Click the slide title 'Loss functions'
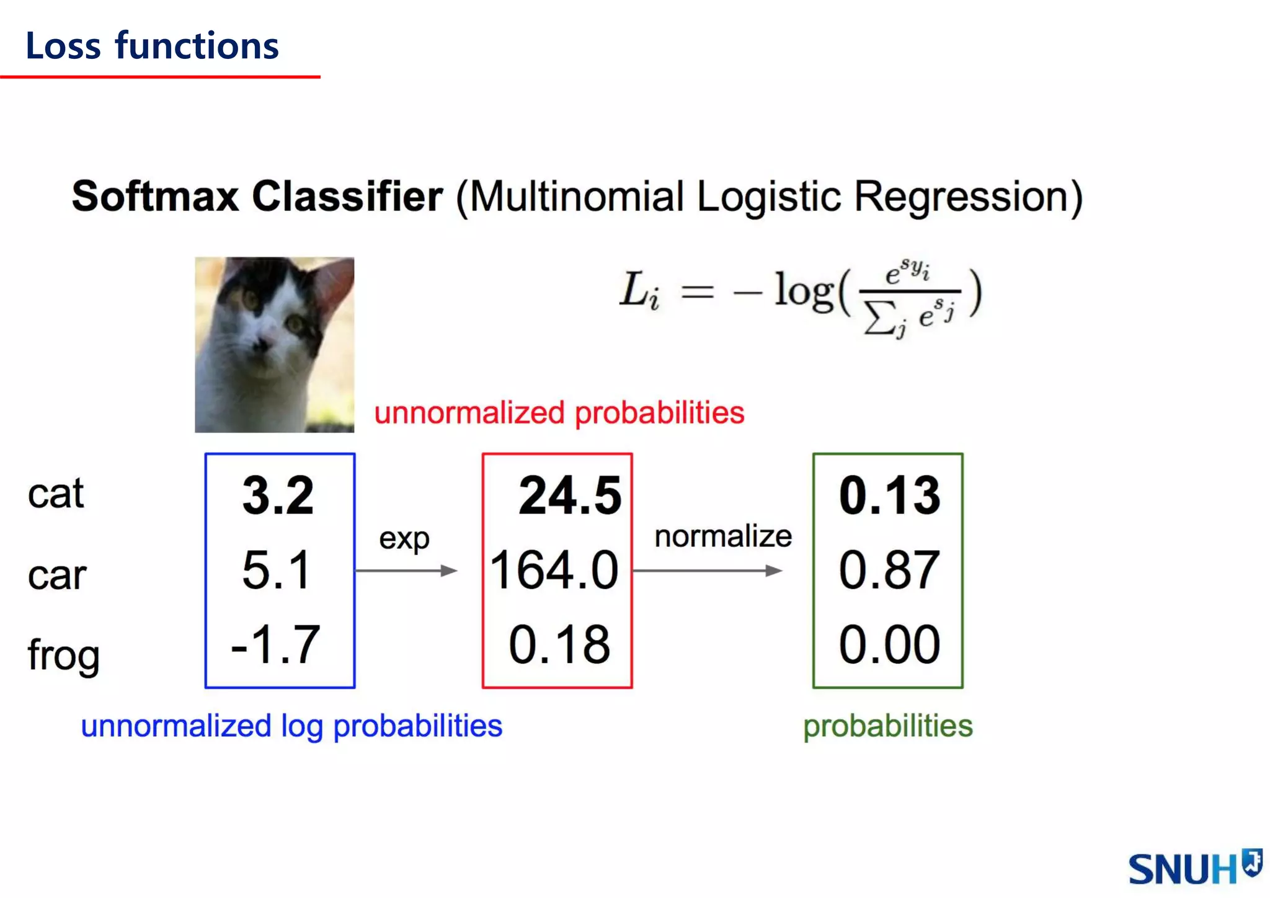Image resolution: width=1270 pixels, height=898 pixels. coord(152,47)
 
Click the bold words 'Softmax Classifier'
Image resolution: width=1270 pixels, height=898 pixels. coord(257,197)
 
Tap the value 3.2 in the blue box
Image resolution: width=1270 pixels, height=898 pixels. coord(278,496)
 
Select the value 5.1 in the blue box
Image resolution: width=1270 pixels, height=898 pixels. coord(276,570)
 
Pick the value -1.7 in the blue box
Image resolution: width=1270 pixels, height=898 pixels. coord(275,645)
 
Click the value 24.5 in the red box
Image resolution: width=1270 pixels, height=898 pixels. coord(570,496)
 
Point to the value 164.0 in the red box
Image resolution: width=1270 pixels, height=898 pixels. coord(554,570)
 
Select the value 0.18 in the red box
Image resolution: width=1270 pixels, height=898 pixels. coord(559,645)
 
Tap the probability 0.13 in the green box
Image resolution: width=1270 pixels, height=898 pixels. coord(889,496)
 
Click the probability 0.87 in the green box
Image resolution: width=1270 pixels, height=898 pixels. coord(889,570)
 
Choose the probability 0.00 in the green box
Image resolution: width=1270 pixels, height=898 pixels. coord(889,645)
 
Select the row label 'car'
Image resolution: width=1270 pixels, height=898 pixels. coord(56,576)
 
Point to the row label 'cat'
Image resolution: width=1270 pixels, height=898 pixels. coord(56,494)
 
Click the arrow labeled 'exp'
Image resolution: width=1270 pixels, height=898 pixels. coord(406,571)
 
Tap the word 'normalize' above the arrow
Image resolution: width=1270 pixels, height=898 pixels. coord(723,536)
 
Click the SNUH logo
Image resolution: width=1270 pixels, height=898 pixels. coord(1194,868)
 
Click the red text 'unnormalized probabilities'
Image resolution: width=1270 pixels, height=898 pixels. coord(559,413)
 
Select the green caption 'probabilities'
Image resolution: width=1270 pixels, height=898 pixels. coord(887,726)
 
